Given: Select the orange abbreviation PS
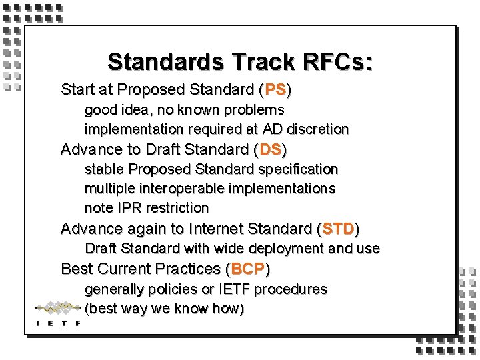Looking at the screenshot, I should (275, 89).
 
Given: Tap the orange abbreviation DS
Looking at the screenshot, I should (271, 149).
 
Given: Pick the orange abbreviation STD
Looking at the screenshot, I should (338, 229).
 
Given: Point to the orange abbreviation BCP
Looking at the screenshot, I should (248, 269).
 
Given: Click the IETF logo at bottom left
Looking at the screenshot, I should (58, 313).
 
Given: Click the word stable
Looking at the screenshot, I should (104, 169).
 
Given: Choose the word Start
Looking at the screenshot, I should (77, 89).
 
